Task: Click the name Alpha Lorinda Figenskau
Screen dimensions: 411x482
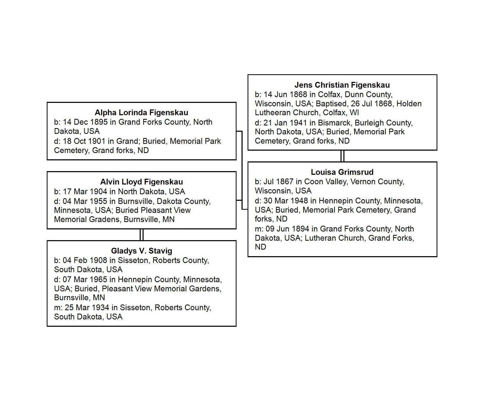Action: click(141, 113)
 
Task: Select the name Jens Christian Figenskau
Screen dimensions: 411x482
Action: click(342, 85)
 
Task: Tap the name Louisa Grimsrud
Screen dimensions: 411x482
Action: click(342, 172)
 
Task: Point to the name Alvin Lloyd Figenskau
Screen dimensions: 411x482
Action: click(141, 182)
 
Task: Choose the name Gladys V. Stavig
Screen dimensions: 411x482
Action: click(141, 251)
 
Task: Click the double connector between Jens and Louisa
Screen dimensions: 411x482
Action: click(342, 156)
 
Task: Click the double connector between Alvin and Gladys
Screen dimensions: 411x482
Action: click(142, 235)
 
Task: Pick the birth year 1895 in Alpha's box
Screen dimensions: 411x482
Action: click(99, 122)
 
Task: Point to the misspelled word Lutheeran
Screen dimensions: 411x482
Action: click(272, 113)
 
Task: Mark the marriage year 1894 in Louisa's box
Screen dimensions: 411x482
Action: click(300, 229)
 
